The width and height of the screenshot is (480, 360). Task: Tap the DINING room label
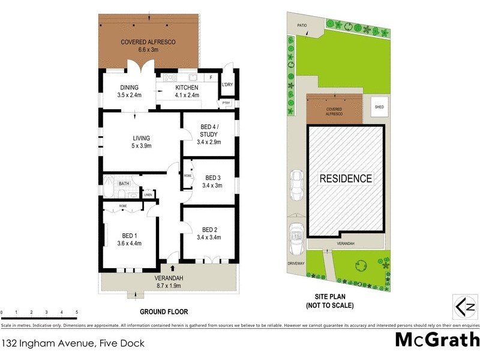coord(128,91)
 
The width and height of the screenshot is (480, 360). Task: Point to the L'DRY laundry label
coord(227,85)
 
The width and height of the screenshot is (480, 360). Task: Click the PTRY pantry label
coord(226,103)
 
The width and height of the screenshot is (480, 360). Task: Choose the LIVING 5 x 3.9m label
coord(142,142)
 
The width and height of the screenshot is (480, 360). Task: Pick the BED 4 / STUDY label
coord(209,138)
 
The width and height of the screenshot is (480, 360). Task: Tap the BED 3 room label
coord(213,182)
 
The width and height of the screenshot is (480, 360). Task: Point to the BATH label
coord(124,184)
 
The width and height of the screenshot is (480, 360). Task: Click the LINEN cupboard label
coord(148,195)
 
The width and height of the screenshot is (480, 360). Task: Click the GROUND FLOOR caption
coord(164,312)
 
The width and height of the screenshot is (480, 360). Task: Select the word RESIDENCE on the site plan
coord(345,178)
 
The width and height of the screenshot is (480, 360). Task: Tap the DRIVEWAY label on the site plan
coord(296,263)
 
